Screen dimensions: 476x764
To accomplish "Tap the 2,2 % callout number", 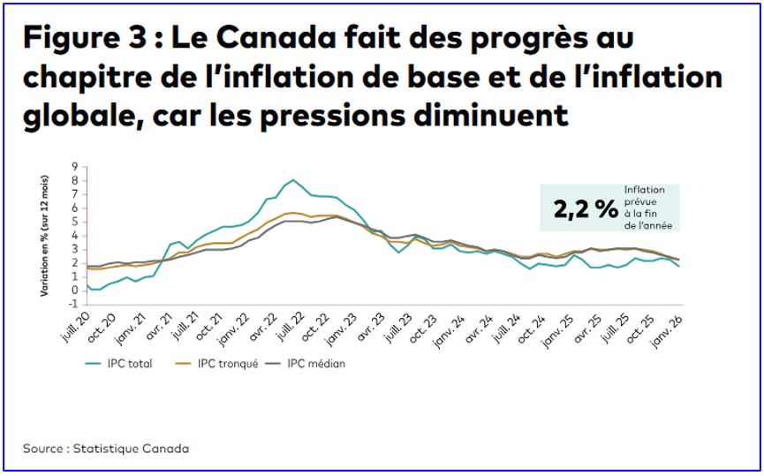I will point(586,209).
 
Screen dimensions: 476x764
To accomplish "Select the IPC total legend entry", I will point(118,363).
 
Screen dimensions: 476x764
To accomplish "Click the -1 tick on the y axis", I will point(75,304).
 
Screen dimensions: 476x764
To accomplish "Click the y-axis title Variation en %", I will point(44,234).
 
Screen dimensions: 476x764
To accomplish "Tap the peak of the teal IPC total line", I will point(293,180).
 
